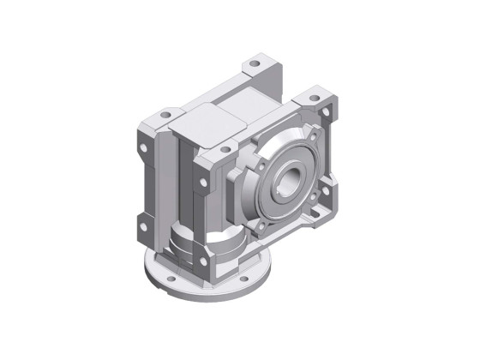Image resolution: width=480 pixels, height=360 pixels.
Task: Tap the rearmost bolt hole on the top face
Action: (x=255, y=66)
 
